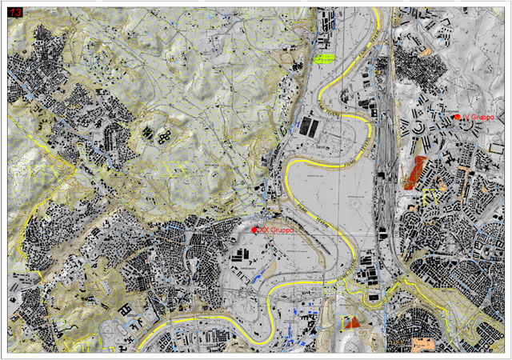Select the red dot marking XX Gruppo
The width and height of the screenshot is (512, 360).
pos(254,230)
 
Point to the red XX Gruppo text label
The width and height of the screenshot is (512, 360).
pos(277,230)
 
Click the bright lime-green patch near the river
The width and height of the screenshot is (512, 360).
pos(324,58)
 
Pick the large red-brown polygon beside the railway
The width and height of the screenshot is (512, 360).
pos(416,172)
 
